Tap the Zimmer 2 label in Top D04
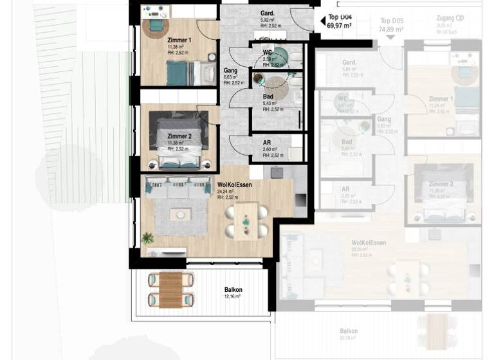pos(179,136)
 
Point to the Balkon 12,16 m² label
pos(233,289)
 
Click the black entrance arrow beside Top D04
pos(323,21)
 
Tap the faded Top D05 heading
pos(391,21)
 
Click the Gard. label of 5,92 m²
pos(268,13)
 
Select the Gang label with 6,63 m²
pos(230,71)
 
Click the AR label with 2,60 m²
pos(266,143)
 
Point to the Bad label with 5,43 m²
pos(267,96)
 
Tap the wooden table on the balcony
pos(171,289)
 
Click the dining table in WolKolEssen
pos(245,221)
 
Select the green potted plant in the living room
pos(148,239)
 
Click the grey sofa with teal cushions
pos(178,187)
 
